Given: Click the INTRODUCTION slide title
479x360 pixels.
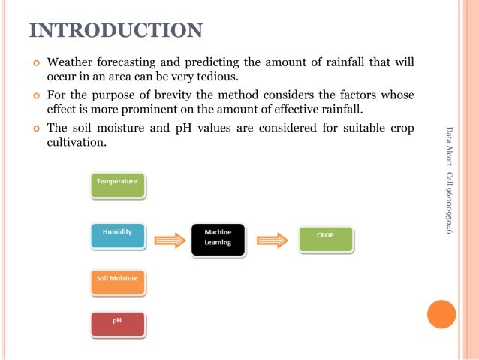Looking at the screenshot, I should (x=116, y=30).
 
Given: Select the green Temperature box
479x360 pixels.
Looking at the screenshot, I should (x=117, y=185).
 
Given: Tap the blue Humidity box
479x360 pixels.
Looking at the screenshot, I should (x=117, y=236).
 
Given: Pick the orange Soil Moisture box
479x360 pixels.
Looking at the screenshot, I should (x=117, y=282).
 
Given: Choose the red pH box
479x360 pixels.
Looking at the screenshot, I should (x=117, y=324).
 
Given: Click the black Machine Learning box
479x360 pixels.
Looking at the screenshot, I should (x=218, y=239).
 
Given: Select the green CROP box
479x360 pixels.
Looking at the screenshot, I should (x=325, y=238).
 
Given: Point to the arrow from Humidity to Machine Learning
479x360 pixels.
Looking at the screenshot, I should (x=169, y=241).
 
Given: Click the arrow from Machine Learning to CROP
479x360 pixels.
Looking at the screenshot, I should (x=273, y=241).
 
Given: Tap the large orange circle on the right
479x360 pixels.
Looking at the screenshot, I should (x=441, y=314).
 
